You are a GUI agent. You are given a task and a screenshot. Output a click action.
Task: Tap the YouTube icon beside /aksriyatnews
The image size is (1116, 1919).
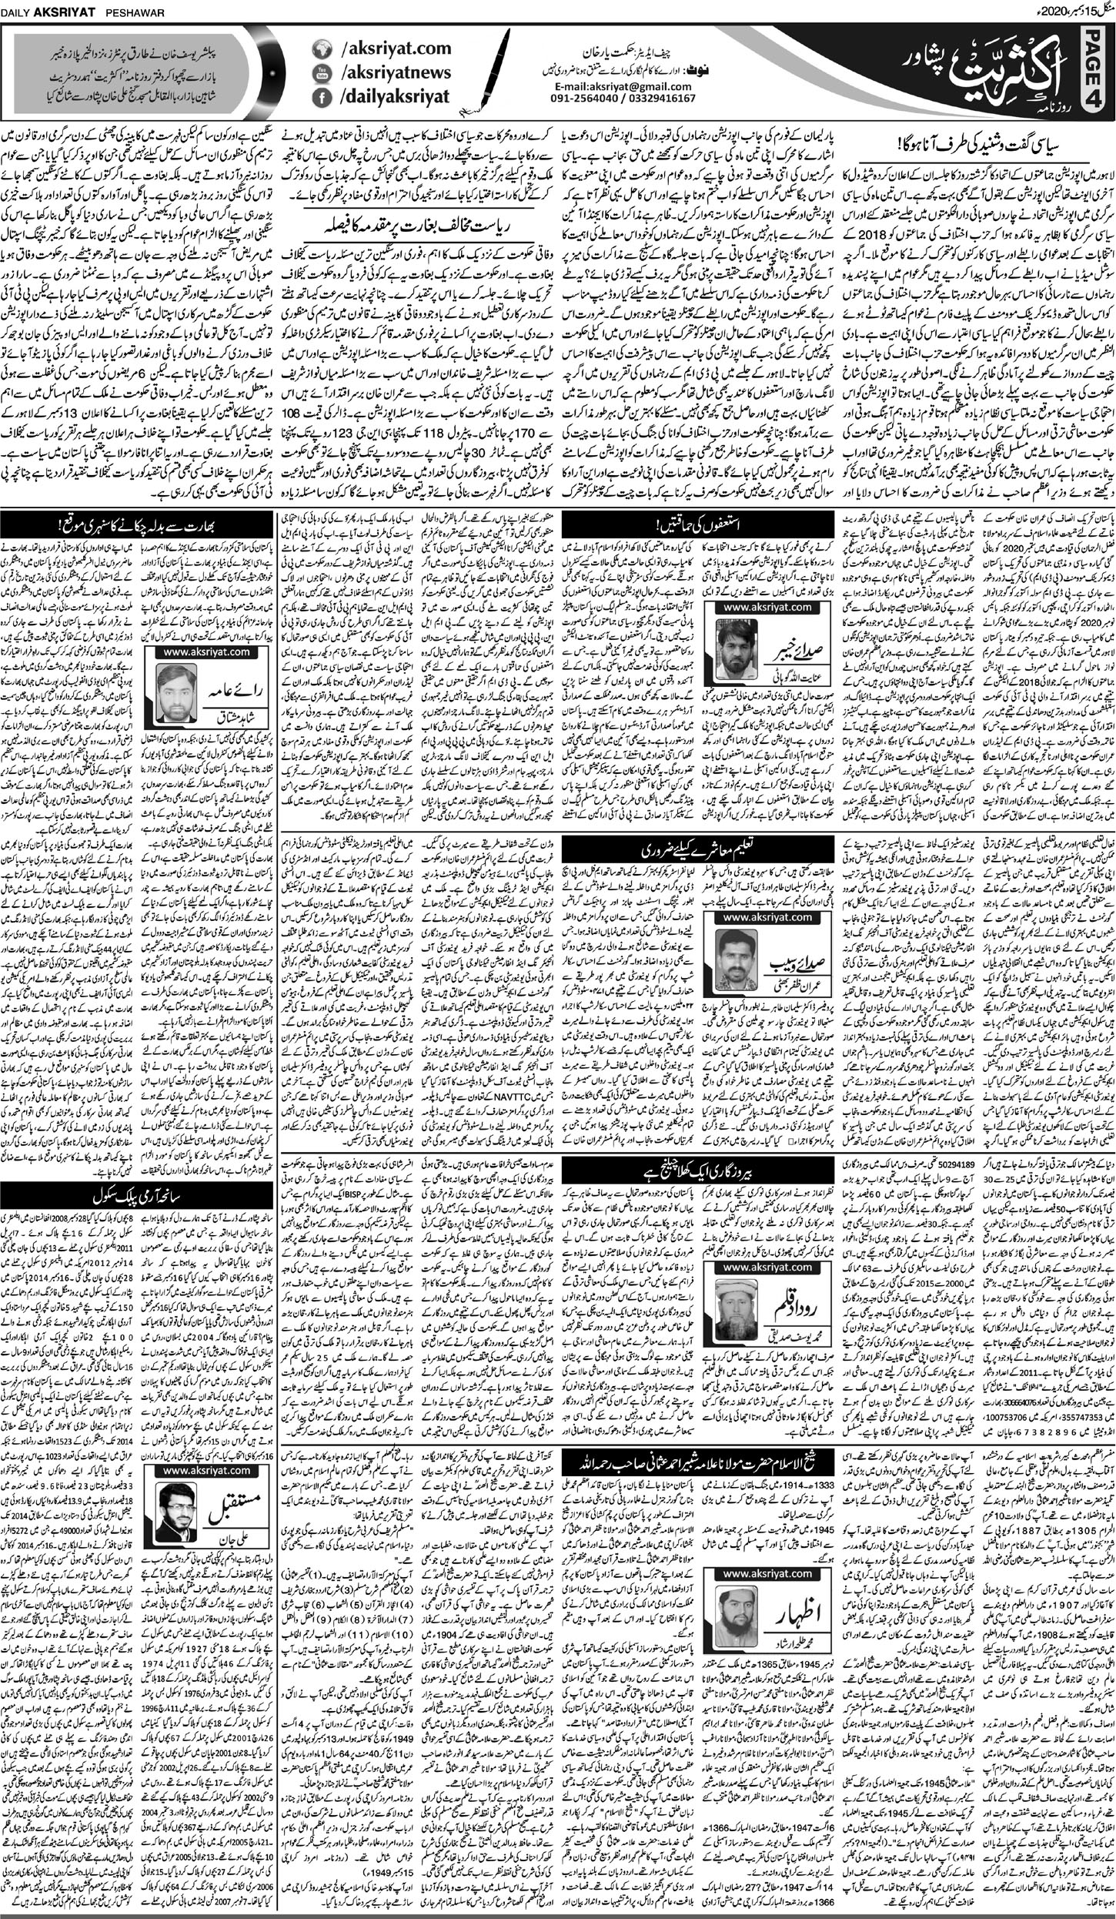[x=319, y=73]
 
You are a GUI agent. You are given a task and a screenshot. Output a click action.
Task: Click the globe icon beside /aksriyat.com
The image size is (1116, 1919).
[x=319, y=49]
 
